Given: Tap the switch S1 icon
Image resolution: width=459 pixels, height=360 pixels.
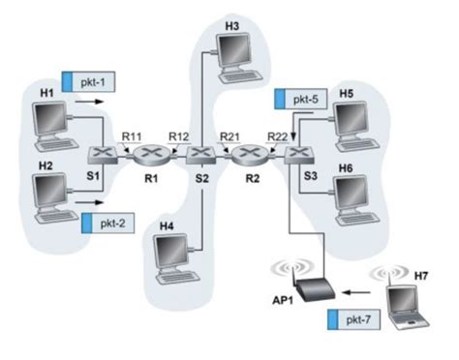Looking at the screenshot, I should (x=103, y=155).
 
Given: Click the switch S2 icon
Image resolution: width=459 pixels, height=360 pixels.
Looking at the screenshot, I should (x=200, y=156).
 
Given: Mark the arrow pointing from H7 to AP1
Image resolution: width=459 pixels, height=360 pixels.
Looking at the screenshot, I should (x=358, y=288).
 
